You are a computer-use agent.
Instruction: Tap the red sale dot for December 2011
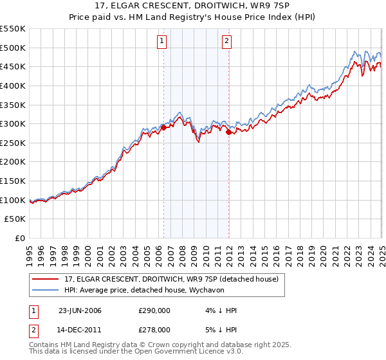[228, 132]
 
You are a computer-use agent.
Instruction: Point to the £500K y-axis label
[13, 48]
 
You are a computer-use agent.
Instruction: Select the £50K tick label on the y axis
[15, 219]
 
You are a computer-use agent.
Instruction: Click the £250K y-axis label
[13, 143]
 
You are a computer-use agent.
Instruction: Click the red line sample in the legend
[46, 279]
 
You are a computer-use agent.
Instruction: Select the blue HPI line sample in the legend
[46, 289]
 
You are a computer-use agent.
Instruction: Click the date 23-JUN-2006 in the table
[80, 310]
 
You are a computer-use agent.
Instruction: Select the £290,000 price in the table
[154, 310]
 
